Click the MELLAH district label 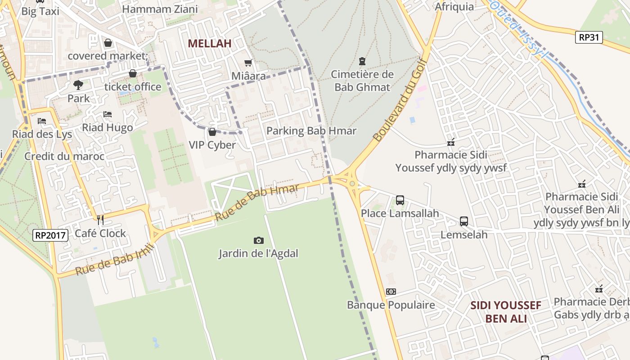(209, 43)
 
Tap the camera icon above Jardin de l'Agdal (258, 240)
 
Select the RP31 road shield (589, 37)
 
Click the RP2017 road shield (50, 235)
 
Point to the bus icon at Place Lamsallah (400, 200)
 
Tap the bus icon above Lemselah (464, 221)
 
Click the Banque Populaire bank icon (391, 292)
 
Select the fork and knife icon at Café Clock (100, 220)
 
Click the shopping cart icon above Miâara (248, 63)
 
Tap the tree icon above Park (78, 85)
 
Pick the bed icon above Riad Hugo (107, 114)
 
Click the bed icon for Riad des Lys (42, 121)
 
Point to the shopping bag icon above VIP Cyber (212, 132)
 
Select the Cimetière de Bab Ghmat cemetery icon (362, 61)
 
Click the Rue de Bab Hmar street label (257, 202)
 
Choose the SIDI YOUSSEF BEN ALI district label (506, 312)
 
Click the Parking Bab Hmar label (311, 131)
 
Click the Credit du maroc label (64, 156)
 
